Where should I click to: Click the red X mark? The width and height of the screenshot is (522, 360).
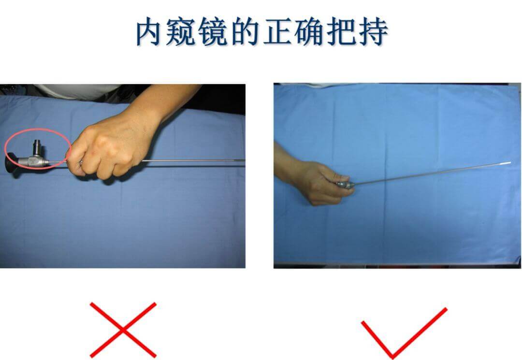[123, 330]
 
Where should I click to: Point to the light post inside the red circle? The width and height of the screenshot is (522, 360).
[36, 148]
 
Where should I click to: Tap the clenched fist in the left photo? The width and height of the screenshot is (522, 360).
[106, 150]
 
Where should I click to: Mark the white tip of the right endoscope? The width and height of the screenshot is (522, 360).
[506, 163]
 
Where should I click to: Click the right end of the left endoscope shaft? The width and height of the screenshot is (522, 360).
[244, 161]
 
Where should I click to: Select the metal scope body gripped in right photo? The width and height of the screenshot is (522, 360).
[345, 184]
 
